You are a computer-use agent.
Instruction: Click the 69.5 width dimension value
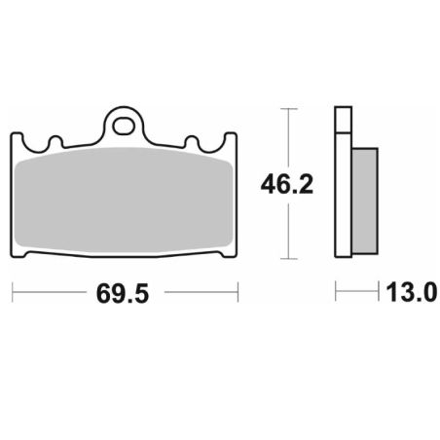123,294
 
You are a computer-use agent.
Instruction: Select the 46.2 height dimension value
287,184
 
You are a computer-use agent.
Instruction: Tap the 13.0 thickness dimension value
412,292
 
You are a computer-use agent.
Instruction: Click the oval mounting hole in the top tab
124,127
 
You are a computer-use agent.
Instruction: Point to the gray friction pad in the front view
124,201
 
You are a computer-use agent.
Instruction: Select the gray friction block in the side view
365,201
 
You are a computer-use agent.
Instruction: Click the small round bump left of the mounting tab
55,142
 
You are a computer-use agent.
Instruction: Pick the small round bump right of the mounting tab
192,142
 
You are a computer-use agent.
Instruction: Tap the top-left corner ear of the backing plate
17,139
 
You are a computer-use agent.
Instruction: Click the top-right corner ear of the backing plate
231,139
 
